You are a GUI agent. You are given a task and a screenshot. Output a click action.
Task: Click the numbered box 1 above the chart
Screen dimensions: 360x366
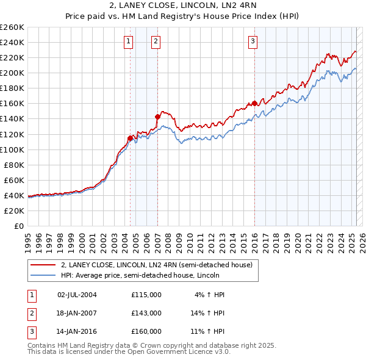[x=129, y=41]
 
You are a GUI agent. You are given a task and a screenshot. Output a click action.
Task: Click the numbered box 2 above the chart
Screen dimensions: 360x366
[x=156, y=41]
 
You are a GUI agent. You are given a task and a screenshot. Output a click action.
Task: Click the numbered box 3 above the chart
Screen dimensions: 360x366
[x=253, y=41]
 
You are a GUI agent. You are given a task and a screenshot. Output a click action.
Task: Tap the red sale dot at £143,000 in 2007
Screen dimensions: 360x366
[x=157, y=116]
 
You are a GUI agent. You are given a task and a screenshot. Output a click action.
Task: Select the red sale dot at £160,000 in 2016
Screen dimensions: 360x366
[x=254, y=103]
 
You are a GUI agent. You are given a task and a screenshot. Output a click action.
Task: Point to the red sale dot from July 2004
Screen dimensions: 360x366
[x=130, y=138]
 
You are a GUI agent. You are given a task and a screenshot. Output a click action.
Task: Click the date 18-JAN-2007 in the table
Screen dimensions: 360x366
[x=77, y=313]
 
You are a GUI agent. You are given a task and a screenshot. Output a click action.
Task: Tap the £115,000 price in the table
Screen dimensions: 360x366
[x=146, y=294]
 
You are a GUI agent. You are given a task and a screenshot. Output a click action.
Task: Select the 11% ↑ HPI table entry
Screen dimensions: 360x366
[x=207, y=332]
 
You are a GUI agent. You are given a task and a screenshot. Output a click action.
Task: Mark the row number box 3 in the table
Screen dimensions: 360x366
[x=31, y=332]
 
